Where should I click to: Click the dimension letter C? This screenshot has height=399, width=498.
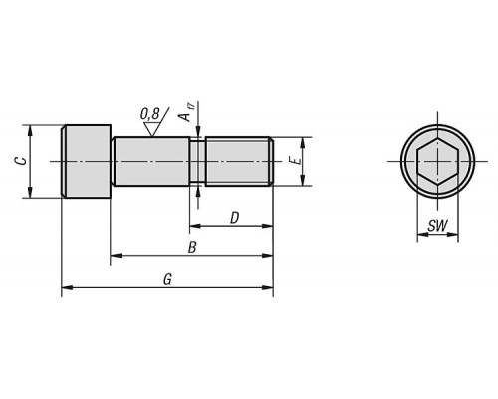tap(22, 161)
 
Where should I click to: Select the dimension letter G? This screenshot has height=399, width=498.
tap(168, 279)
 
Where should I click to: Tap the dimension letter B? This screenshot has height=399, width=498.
tap(192, 248)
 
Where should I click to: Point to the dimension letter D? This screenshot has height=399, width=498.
tap(234, 218)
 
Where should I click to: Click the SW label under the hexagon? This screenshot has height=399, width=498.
tap(437, 226)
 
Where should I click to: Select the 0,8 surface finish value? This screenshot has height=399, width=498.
tap(150, 114)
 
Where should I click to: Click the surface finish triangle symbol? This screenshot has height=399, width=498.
tap(152, 129)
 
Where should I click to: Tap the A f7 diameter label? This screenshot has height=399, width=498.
tap(186, 113)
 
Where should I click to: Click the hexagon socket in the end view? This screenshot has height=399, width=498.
tap(437, 161)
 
